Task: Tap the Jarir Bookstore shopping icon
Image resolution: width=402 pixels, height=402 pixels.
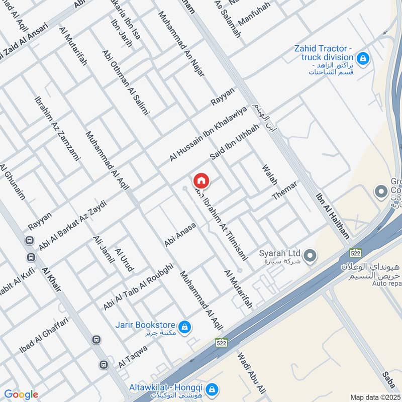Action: pos(185,327)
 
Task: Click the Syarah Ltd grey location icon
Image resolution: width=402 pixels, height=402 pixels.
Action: pos(310,256)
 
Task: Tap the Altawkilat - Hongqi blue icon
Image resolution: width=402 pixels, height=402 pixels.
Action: pos(212,389)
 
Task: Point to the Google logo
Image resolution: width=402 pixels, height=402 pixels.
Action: pos(21,394)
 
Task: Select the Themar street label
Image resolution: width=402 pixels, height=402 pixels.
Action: pos(285,191)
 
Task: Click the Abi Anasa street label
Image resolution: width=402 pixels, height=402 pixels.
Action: pos(180,235)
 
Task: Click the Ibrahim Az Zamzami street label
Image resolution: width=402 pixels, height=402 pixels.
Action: pos(57,128)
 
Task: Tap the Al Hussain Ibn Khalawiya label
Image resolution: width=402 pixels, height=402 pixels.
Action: pos(209,134)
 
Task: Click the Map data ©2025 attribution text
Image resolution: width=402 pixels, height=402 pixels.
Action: pos(375,397)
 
